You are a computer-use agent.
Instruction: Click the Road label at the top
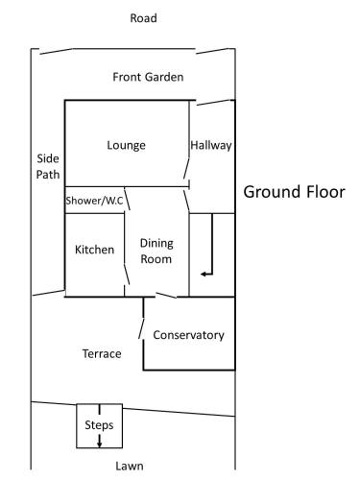[143, 18]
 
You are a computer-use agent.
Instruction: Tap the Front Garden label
[148, 77]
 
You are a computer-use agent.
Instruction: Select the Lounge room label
[126, 146]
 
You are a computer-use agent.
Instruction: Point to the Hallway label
[211, 146]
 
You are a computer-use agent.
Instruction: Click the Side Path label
[48, 166]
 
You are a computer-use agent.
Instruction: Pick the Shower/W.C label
[94, 201]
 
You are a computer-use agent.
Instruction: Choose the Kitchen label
[94, 250]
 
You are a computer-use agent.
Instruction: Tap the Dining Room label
[156, 252]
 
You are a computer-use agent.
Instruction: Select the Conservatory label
[188, 335]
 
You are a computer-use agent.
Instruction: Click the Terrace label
[102, 354]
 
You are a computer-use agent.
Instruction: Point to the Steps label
[99, 425]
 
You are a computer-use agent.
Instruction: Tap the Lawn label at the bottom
[130, 467]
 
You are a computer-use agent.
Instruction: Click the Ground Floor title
[294, 192]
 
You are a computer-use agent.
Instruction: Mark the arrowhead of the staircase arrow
[203, 274]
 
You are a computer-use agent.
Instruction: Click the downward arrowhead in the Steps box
[100, 444]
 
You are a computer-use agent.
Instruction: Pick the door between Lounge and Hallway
[186, 168]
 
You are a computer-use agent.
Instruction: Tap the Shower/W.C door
[127, 199]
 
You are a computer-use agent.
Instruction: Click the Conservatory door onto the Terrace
[141, 328]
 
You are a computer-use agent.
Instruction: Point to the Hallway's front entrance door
[214, 103]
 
